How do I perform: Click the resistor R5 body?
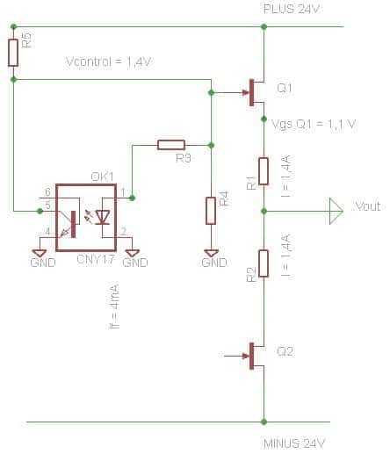pyautogui.click(x=13, y=53)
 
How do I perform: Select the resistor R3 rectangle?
pyautogui.click(x=171, y=145)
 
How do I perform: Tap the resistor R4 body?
pyautogui.click(x=211, y=211)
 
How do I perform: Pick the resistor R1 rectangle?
pyautogui.click(x=264, y=171)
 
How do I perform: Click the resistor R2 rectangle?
pyautogui.click(x=264, y=263)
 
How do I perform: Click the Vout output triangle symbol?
pyautogui.click(x=336, y=211)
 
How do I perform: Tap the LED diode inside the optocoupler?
pyautogui.click(x=103, y=218)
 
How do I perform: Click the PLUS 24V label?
pyautogui.click(x=291, y=9)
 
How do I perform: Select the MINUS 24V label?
pyautogui.click(x=294, y=443)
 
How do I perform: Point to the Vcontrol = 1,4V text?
pyautogui.click(x=109, y=62)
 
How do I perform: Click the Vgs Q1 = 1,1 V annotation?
pyautogui.click(x=314, y=125)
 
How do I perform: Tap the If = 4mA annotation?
pyautogui.click(x=114, y=306)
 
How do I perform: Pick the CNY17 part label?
pyautogui.click(x=96, y=259)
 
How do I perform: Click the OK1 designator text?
pyautogui.click(x=102, y=177)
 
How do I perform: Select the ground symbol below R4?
pyautogui.click(x=211, y=254)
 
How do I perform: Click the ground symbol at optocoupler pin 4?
pyautogui.click(x=40, y=254)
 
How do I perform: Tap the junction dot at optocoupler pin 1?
pyautogui.click(x=132, y=198)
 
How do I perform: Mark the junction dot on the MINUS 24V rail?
pyautogui.click(x=264, y=422)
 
